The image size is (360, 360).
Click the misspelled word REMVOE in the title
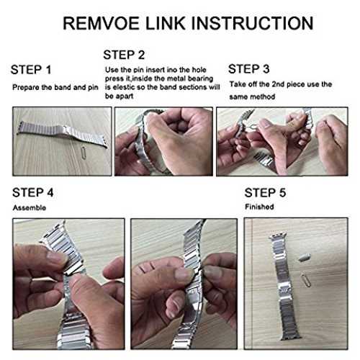pyautogui.click(x=101, y=23)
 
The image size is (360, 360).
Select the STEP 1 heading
pyautogui.click(x=31, y=70)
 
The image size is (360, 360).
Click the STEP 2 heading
pyautogui.click(x=124, y=55)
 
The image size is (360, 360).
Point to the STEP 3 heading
pyautogui.click(x=249, y=69)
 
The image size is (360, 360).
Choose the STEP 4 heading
pyautogui.click(x=33, y=192)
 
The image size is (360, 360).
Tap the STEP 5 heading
pyautogui.click(x=265, y=192)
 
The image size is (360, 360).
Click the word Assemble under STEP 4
pyautogui.click(x=30, y=208)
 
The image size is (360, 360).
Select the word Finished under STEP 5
pyautogui.click(x=259, y=207)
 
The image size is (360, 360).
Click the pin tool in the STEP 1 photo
pyautogui.click(x=84, y=151)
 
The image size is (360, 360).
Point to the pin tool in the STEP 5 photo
pyautogui.click(x=306, y=280)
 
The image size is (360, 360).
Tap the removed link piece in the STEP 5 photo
pyautogui.click(x=305, y=257)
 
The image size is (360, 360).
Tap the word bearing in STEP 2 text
pyautogui.click(x=200, y=78)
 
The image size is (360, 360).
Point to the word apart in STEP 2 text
pyautogui.click(x=125, y=96)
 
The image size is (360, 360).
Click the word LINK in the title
pyautogui.click(x=165, y=23)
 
